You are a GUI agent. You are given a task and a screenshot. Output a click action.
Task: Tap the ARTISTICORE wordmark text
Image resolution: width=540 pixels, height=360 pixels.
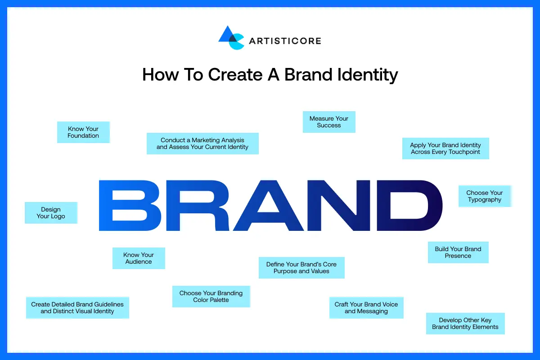[x=285, y=41]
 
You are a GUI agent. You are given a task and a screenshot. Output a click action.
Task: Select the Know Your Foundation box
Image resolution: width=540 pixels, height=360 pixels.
[x=83, y=132]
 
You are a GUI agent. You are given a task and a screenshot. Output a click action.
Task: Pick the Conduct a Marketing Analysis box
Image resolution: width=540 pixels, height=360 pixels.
[x=202, y=144]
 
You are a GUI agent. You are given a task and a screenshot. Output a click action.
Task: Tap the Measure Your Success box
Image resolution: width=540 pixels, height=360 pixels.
[x=329, y=122]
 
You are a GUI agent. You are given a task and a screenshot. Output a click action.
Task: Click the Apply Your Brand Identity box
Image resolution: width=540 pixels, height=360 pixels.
[x=445, y=148]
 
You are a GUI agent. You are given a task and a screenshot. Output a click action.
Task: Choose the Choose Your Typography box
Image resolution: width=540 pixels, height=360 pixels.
[x=485, y=196]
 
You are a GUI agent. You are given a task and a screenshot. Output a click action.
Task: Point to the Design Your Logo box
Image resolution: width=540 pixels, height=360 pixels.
[x=51, y=213]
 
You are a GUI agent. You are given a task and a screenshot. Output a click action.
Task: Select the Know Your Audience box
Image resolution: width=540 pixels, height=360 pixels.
[x=139, y=258]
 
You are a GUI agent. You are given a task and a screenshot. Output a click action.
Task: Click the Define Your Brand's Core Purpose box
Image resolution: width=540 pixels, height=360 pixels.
[x=301, y=268]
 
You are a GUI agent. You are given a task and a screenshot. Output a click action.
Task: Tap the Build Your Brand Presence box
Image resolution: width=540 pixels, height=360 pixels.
[x=458, y=252]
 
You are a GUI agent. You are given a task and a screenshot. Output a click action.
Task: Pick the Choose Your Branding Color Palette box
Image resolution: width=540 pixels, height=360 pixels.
[x=211, y=297]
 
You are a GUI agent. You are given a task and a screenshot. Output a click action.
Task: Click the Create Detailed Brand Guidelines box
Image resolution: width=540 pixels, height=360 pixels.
[x=77, y=308]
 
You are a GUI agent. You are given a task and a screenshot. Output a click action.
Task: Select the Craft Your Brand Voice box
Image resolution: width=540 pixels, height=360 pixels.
[x=366, y=308]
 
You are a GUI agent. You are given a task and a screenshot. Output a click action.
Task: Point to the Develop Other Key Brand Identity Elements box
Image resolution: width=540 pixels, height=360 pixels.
[x=465, y=324]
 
